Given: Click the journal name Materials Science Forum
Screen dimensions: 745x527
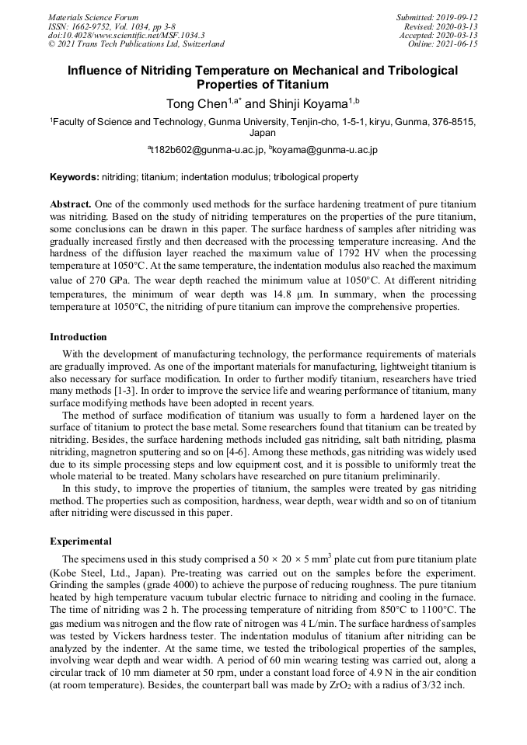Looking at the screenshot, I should click(93, 17).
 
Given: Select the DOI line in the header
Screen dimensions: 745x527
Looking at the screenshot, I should click(127, 35).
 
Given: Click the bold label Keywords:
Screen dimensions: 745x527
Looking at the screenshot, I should click(75, 177).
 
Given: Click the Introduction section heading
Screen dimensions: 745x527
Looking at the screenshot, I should click(79, 337).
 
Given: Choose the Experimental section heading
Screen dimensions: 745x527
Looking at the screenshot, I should click(81, 541).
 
